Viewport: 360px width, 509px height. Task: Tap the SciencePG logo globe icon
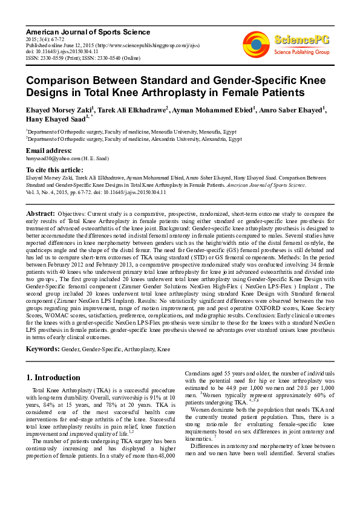tap(256, 42)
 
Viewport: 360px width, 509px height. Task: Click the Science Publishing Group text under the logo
tap(301, 53)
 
